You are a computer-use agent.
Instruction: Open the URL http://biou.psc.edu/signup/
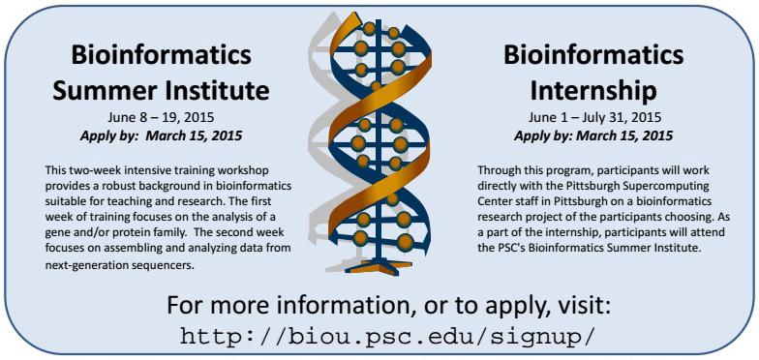click(x=379, y=337)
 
